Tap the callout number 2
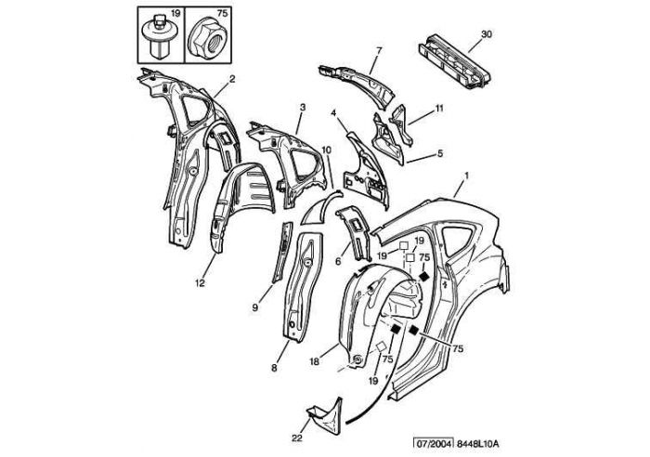click(x=231, y=79)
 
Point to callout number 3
click(x=302, y=108)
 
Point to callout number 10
click(x=326, y=150)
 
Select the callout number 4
click(x=332, y=112)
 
